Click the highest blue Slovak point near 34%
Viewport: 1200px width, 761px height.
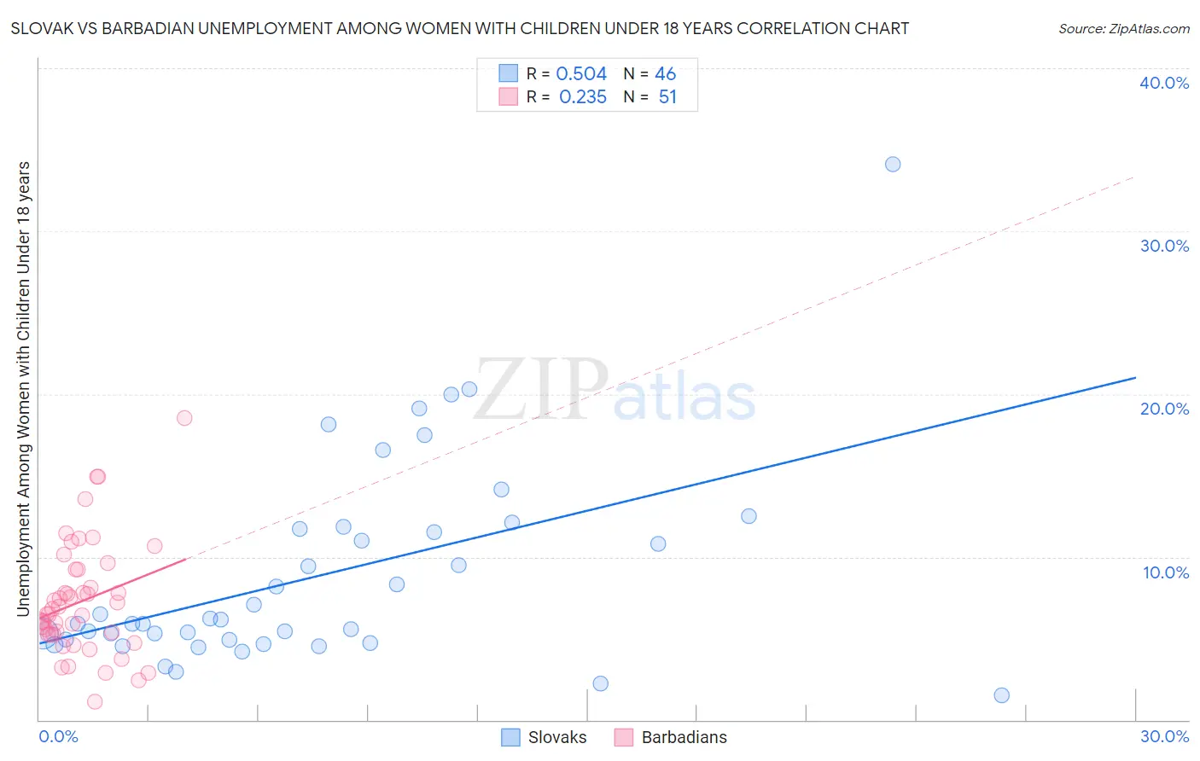893,164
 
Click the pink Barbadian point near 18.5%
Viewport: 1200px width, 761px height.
184,418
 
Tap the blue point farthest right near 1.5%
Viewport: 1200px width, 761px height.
1002,695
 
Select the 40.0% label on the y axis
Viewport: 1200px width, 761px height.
1164,83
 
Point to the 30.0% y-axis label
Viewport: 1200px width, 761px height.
1164,246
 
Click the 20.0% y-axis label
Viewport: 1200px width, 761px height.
1164,409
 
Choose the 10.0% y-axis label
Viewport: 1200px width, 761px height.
1166,572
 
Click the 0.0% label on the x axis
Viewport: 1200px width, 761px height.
58,736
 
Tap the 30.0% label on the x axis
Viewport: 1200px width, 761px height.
1164,736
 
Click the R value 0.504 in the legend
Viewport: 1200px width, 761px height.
581,74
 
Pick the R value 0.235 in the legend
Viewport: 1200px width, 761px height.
583,97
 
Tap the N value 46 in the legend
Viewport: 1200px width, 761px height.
666,74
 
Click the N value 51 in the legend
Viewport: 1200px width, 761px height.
667,97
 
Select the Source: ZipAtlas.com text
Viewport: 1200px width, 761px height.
1123,29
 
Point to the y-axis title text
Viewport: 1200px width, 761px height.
23,388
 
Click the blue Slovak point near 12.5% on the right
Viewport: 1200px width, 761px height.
749,516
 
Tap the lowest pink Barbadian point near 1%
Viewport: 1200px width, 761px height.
95,701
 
